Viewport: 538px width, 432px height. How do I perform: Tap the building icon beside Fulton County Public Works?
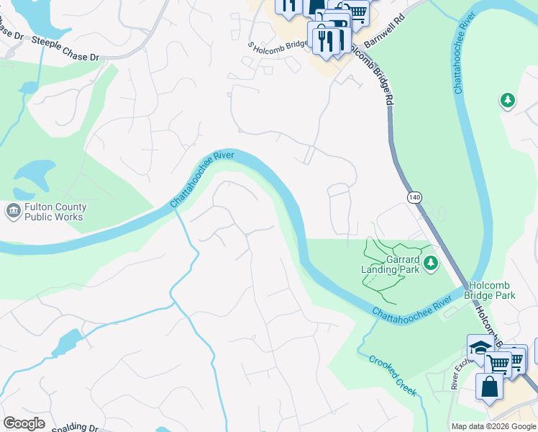click(13, 211)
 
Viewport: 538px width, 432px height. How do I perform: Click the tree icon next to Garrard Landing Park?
click(431, 264)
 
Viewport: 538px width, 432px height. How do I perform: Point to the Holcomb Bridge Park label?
click(491, 290)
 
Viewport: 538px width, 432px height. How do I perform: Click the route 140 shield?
click(414, 197)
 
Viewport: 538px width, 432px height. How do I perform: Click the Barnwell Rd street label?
click(386, 30)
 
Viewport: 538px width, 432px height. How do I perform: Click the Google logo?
click(24, 423)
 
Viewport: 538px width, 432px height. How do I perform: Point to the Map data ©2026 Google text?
click(493, 426)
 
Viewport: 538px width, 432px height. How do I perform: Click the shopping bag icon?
click(489, 385)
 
